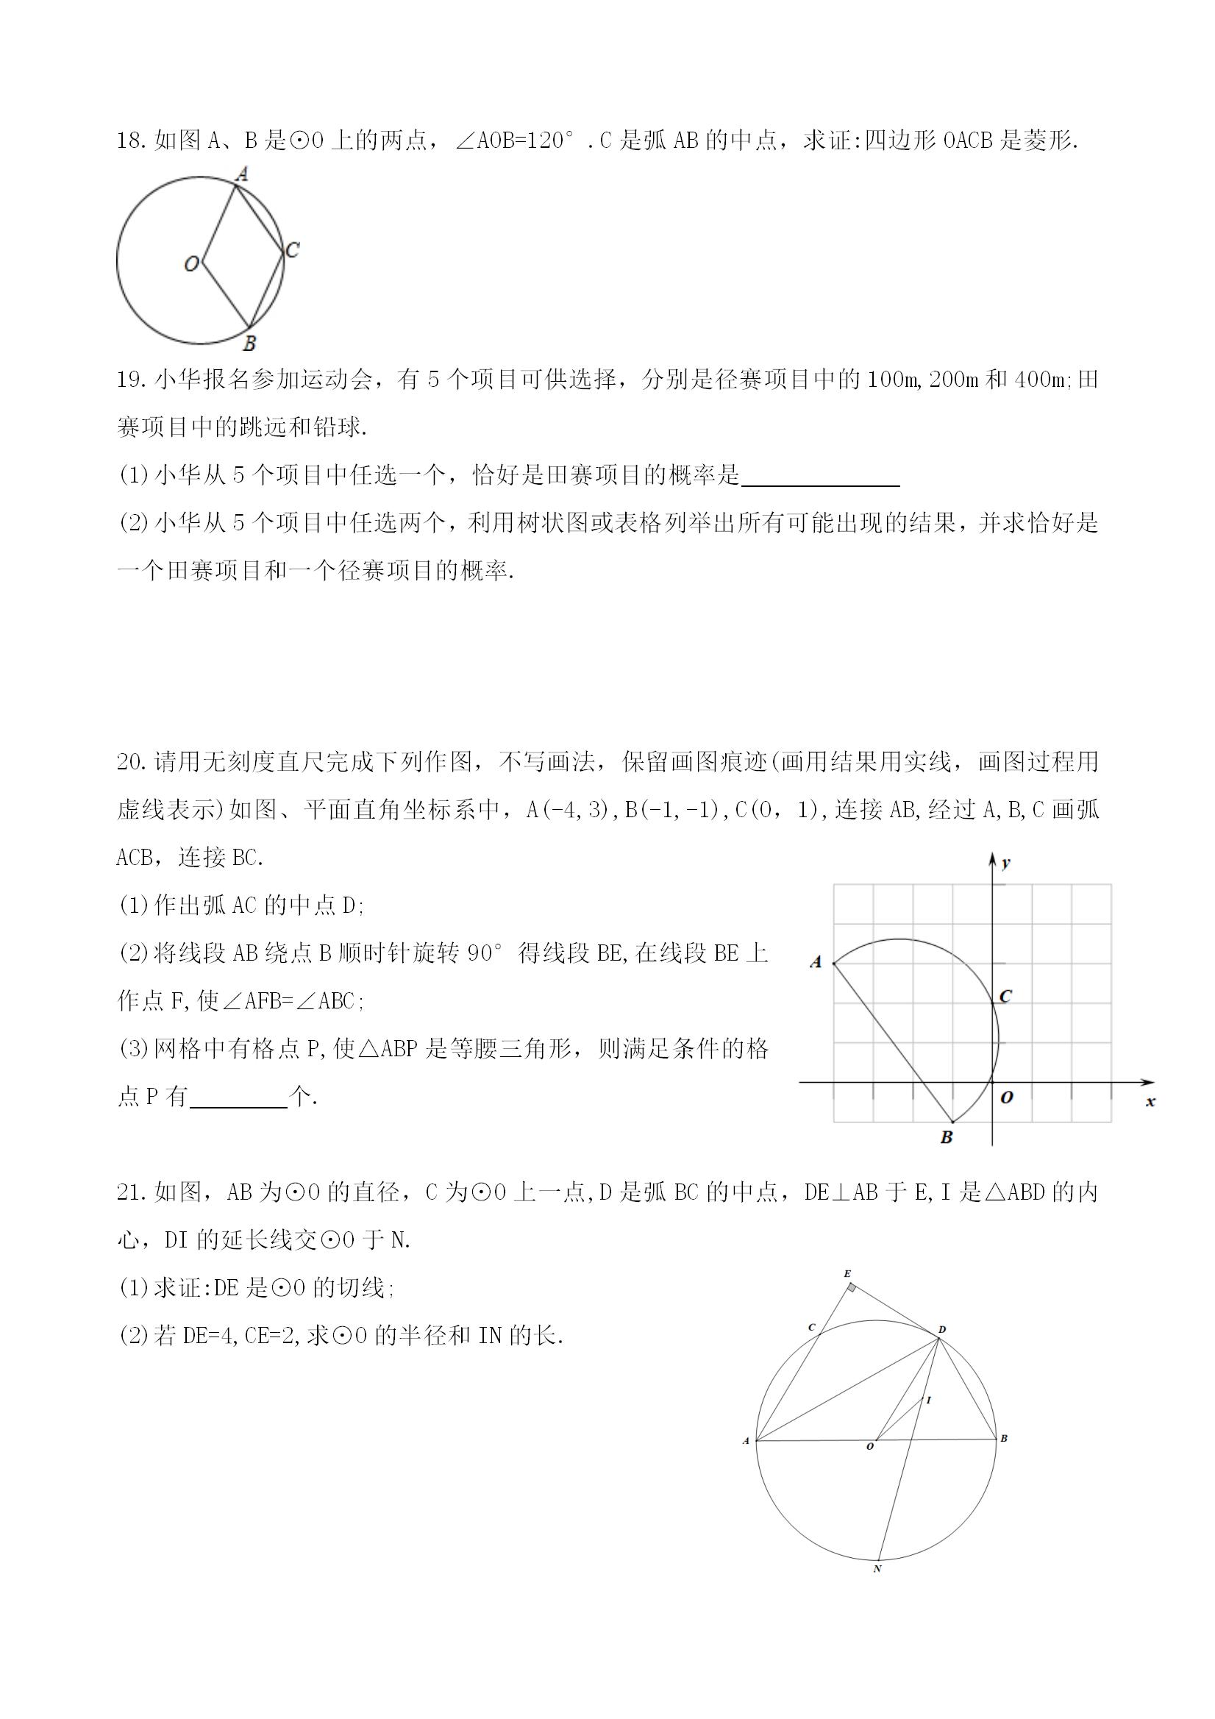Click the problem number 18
click(130, 140)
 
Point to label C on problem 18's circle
click(293, 249)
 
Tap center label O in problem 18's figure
click(192, 263)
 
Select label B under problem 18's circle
click(250, 344)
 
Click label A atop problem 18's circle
click(242, 174)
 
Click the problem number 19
click(130, 380)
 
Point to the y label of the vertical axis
click(1006, 863)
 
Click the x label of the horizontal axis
click(1150, 1101)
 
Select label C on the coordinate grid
click(1005, 996)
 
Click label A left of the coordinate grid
click(816, 962)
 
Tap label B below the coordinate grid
click(947, 1137)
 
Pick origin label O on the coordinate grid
click(1007, 1097)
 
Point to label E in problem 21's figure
click(847, 1273)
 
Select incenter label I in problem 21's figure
click(928, 1400)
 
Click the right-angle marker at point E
click(852, 1288)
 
